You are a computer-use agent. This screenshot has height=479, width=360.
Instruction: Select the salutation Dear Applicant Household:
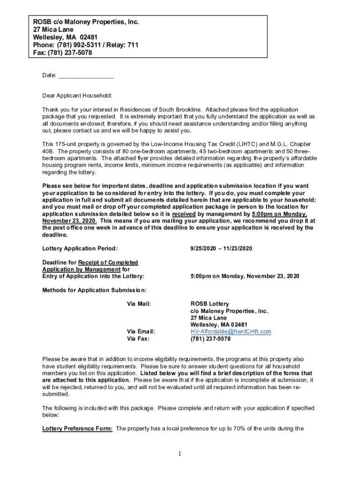click(77, 96)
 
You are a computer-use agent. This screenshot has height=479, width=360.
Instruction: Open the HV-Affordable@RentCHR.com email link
click(230, 332)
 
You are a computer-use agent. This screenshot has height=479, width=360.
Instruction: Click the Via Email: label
click(141, 332)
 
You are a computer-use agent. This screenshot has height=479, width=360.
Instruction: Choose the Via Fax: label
click(138, 339)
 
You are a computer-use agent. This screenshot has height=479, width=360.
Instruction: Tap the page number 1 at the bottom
click(180, 453)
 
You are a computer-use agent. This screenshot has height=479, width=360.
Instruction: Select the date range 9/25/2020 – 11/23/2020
click(221, 248)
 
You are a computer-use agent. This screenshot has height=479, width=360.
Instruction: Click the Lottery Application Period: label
click(80, 248)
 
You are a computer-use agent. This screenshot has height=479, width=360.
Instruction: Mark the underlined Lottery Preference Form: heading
click(77, 428)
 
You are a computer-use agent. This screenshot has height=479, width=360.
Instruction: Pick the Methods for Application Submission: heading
click(94, 290)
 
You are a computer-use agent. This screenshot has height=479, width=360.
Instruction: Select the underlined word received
click(184, 214)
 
